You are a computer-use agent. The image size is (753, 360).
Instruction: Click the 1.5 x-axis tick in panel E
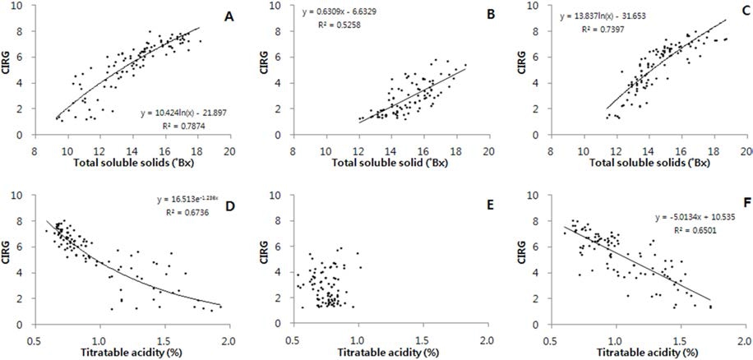[422, 337]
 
